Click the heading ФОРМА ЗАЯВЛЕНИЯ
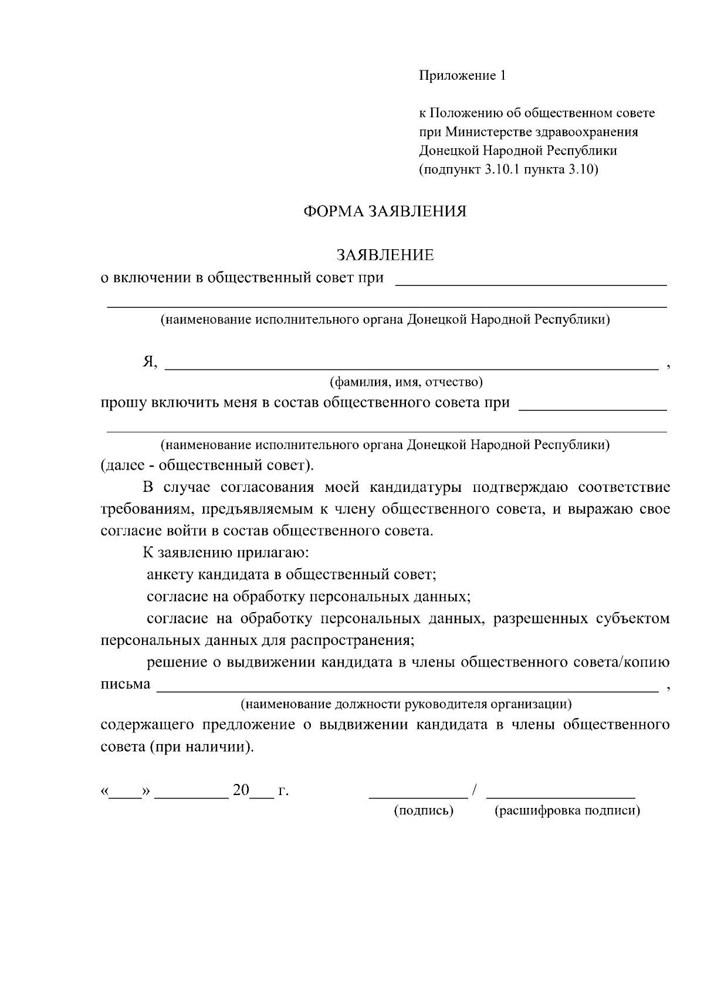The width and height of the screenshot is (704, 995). coord(384,212)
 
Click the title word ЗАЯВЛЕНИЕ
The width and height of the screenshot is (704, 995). coord(385,255)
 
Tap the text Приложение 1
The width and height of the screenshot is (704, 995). coord(462,76)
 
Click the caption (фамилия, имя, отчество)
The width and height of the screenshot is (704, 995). coord(406,382)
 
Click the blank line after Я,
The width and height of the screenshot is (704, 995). coord(411,367)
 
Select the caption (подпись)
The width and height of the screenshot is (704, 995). coord(424,811)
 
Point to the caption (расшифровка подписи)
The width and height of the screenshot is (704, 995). coord(567,811)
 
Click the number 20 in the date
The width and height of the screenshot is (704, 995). coord(241,790)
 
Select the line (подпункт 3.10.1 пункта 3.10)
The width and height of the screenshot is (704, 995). coord(508,170)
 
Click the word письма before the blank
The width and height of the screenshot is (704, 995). coord(126,684)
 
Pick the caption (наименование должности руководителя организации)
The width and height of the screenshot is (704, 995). coord(406,704)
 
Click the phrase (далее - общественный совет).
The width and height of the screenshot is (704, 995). coord(208,466)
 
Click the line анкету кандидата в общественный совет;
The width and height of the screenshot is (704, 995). coord(292,575)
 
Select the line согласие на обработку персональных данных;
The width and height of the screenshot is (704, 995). coord(309,597)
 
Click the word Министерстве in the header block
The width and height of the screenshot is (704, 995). coord(491,132)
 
